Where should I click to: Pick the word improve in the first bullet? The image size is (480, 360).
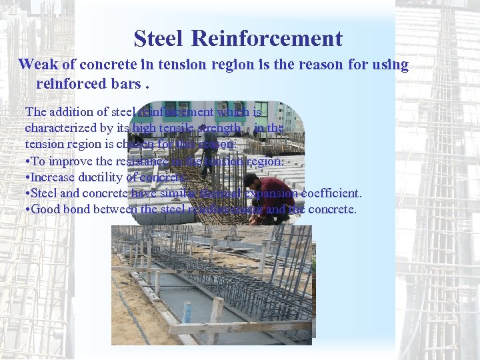pyautogui.click(x=70, y=161)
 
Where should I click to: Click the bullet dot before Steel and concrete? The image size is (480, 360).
pyautogui.click(x=27, y=194)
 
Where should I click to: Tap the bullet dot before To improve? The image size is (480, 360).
pyautogui.click(x=27, y=162)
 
